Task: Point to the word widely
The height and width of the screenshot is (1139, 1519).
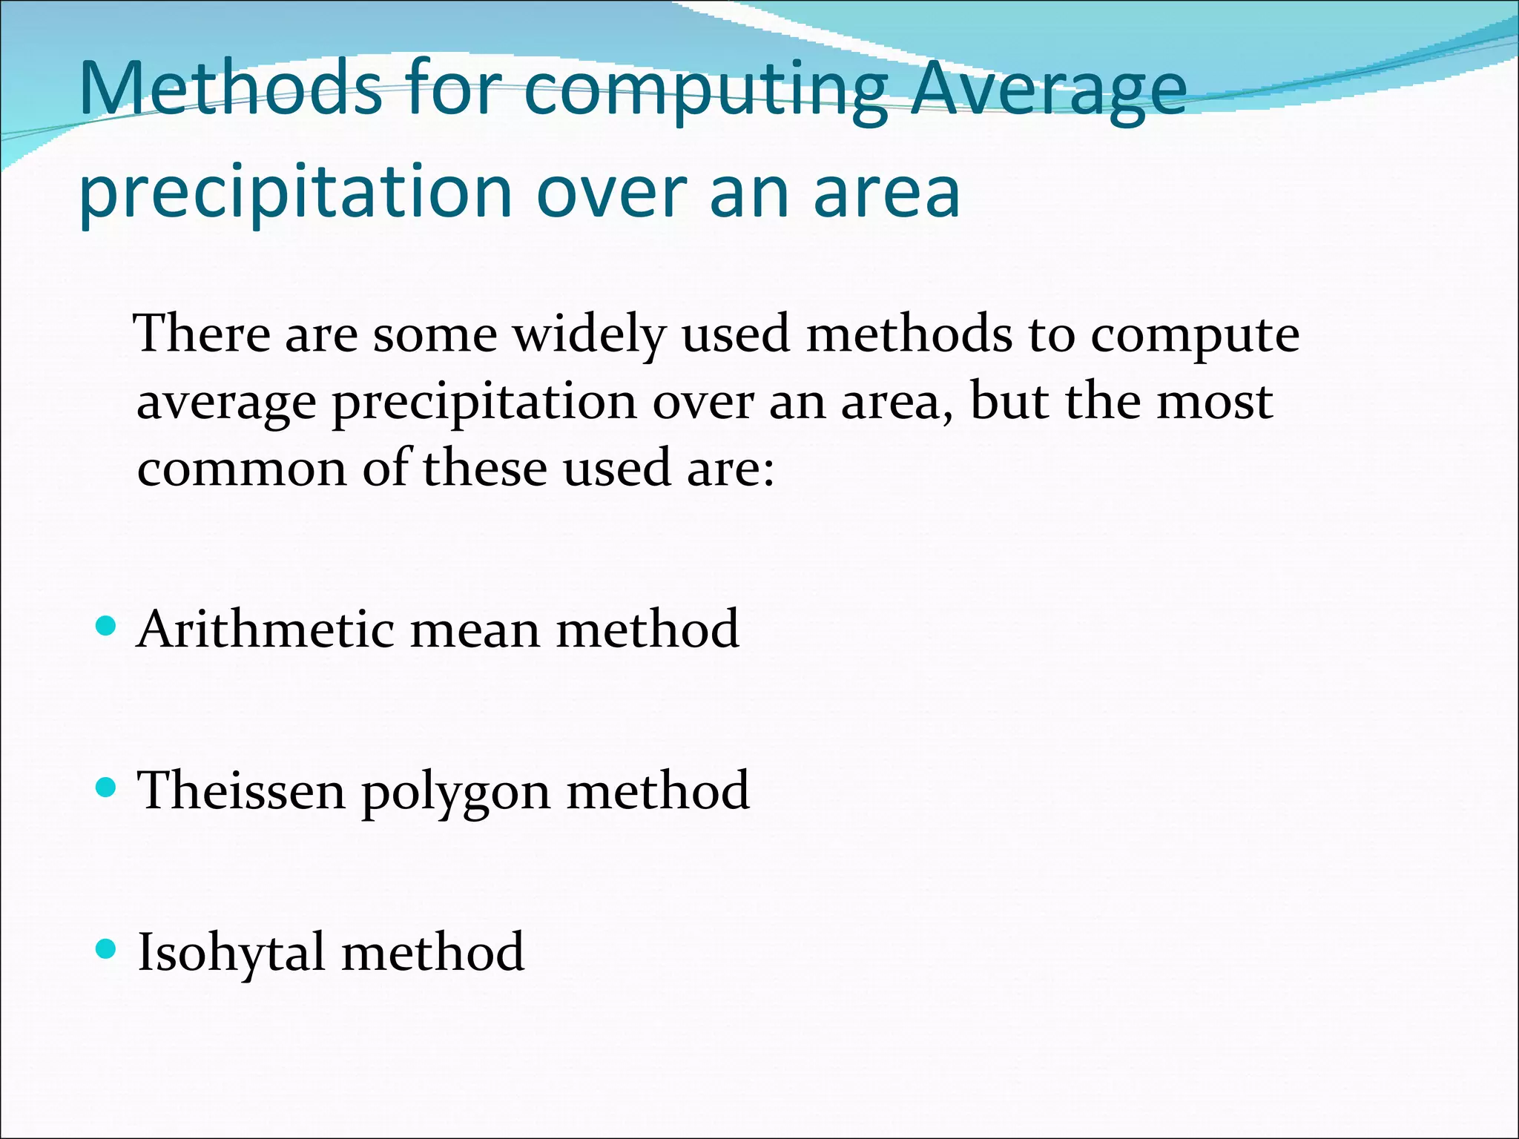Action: tap(590, 335)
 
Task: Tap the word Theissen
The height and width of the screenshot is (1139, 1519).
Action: tap(242, 790)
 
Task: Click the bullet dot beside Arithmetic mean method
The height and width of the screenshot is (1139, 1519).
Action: tap(107, 627)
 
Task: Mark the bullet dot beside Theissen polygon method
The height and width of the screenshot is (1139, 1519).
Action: tap(107, 788)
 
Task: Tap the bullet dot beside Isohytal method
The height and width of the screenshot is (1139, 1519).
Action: tap(107, 948)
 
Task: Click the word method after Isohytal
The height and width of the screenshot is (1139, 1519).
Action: tap(433, 952)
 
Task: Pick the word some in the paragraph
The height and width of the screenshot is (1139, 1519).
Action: tap(435, 335)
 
